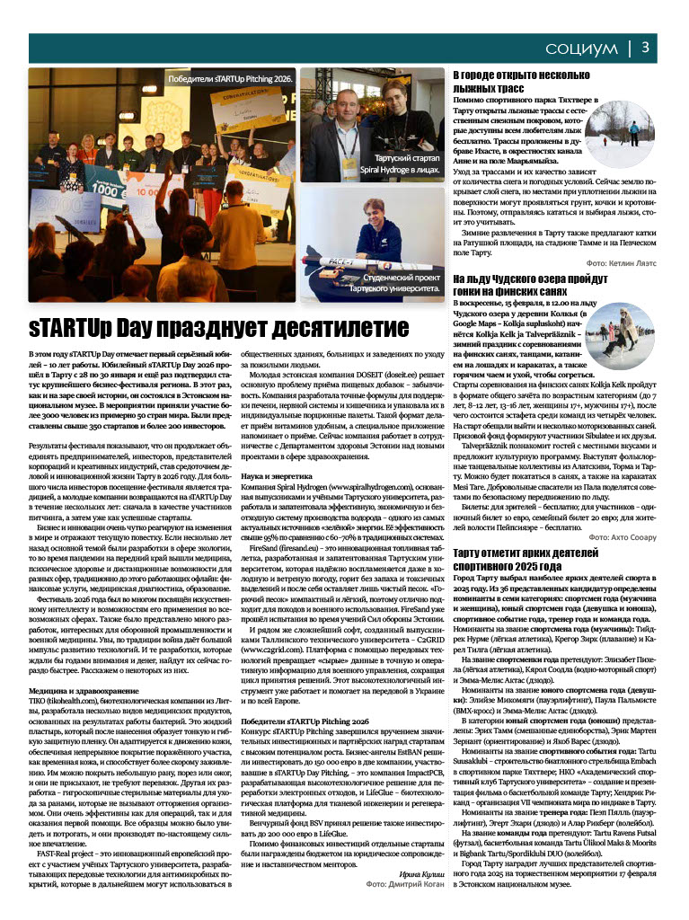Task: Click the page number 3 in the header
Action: pyautogui.click(x=658, y=46)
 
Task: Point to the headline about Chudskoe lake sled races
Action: pyautogui.click(x=517, y=287)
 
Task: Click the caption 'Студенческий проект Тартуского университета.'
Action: pyautogui.click(x=394, y=285)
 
